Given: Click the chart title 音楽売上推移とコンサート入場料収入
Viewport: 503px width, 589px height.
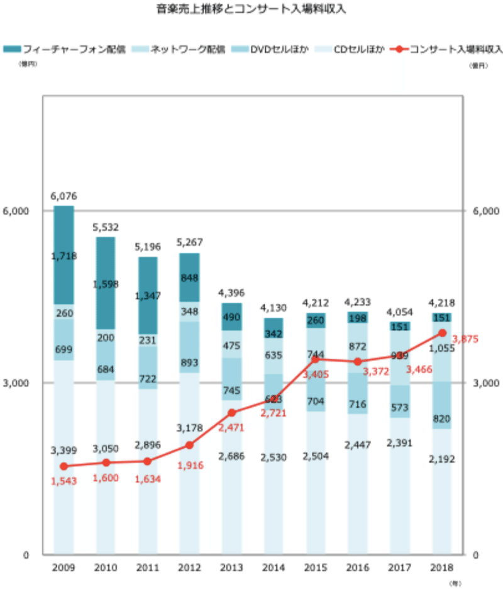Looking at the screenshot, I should pyautogui.click(x=251, y=10).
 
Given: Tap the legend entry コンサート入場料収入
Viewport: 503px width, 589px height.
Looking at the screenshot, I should pyautogui.click(x=448, y=49).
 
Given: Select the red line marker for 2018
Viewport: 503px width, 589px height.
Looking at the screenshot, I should pyautogui.click(x=442, y=333).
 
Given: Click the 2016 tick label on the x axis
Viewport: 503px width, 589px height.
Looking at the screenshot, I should pyautogui.click(x=358, y=568).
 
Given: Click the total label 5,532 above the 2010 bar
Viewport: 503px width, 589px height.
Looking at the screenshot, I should pyautogui.click(x=106, y=227).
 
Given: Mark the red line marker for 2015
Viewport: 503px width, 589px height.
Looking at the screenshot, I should pyautogui.click(x=316, y=359).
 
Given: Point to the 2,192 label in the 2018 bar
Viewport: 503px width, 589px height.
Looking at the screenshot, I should pyautogui.click(x=442, y=458).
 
